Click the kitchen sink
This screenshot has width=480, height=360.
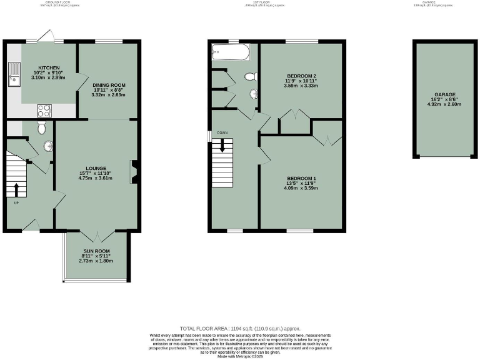tap(12, 79)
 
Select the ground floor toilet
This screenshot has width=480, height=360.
tap(41, 128)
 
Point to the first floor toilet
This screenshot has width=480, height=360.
tap(251, 77)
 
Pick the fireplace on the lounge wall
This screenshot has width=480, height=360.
tap(133, 172)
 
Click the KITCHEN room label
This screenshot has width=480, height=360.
tap(49, 67)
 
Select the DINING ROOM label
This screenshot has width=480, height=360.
tap(109, 85)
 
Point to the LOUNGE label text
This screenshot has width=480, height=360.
tap(96, 168)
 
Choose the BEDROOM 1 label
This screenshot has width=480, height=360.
tap(301, 178)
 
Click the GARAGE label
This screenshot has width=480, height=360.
tap(445, 94)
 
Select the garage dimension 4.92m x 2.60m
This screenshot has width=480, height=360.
tap(445, 104)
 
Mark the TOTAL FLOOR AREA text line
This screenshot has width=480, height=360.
tap(240, 327)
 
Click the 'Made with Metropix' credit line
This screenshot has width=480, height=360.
tap(240, 356)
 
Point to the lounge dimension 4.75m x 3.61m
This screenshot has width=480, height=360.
tap(96, 178)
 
